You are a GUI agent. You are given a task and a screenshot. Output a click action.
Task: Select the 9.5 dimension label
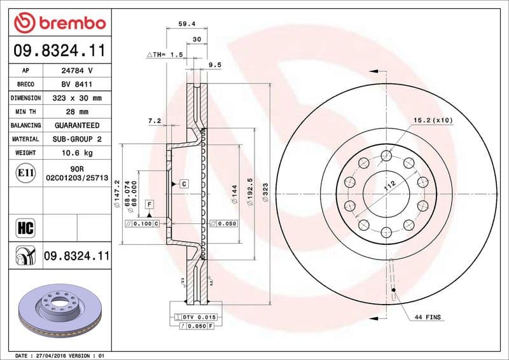click(214, 64)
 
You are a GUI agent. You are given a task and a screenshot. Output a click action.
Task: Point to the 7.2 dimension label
click(154, 120)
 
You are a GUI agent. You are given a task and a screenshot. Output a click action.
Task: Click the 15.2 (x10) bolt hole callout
click(433, 120)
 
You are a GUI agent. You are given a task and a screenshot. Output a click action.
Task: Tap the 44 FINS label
click(428, 317)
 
